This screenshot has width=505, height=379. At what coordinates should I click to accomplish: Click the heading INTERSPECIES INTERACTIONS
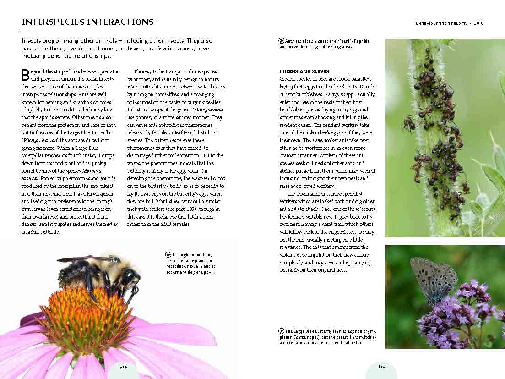pos(87,22)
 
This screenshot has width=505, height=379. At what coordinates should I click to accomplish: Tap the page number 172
pos(123,366)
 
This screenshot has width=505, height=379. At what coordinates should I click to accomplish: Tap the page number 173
pos(381,366)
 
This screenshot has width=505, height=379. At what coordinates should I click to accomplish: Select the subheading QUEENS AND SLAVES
pos(304,71)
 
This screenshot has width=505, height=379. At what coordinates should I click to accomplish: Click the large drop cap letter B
pos(26,75)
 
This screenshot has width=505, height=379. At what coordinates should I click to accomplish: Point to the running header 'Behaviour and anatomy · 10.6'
pos(449,23)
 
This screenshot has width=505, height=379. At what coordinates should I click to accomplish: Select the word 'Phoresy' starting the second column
pos(143,71)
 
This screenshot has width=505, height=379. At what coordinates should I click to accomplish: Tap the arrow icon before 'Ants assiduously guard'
pos(282,41)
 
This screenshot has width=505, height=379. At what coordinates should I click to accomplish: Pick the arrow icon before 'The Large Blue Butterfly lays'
pos(282,331)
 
